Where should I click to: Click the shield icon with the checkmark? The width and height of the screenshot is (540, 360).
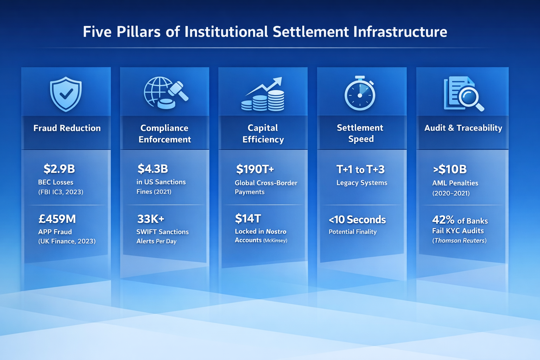tap(66, 94)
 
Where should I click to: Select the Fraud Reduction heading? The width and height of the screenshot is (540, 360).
tap(67, 128)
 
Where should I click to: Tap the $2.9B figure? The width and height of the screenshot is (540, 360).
tap(59, 169)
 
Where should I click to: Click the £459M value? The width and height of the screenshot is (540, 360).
tap(57, 219)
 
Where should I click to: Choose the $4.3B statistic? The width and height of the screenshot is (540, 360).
tap(153, 169)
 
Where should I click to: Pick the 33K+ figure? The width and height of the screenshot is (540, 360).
tap(150, 219)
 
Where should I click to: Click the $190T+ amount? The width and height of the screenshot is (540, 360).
tap(255, 169)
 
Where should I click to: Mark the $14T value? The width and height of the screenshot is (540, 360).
tap(248, 219)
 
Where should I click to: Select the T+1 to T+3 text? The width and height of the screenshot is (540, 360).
tap(360, 169)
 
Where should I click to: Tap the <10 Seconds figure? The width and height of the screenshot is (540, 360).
tap(357, 220)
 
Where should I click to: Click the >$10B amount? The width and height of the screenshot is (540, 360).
tap(450, 169)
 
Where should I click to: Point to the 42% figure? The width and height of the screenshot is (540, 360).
tap(443, 220)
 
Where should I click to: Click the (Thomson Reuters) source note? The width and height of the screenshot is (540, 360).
tap(459, 241)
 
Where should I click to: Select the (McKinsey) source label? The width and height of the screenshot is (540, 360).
tap(275, 241)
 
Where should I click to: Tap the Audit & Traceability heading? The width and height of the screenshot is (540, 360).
tap(463, 128)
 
